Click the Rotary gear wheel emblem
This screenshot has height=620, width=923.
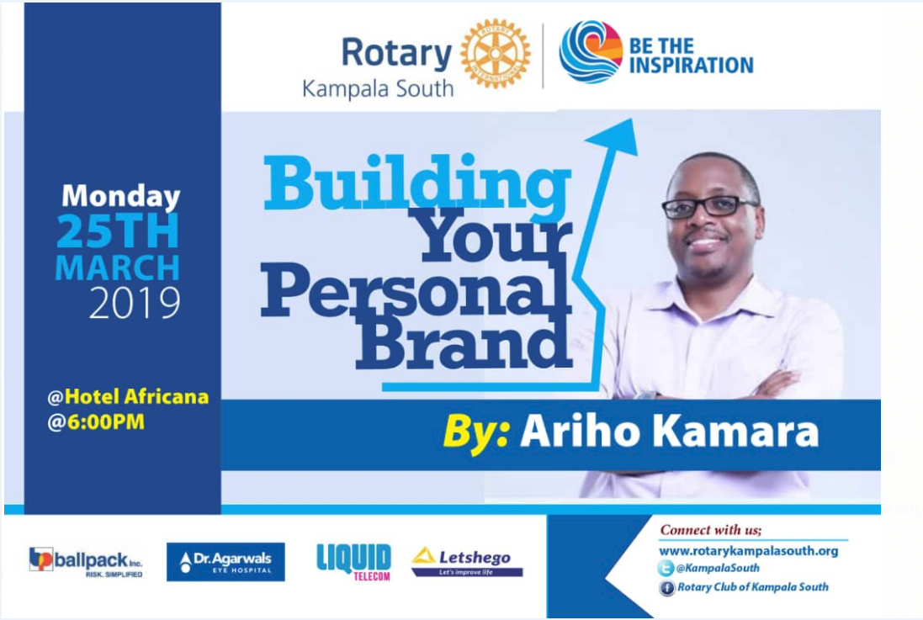click(496, 54)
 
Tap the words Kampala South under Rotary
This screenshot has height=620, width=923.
click(378, 89)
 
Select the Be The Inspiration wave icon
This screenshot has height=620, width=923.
click(591, 51)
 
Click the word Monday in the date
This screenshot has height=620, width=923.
click(120, 196)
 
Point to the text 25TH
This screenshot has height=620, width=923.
click(118, 231)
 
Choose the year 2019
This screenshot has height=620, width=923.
click(135, 303)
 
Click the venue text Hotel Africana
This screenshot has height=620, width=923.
click(136, 396)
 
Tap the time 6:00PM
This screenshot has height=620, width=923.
click(105, 422)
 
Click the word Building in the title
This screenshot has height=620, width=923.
click(416, 183)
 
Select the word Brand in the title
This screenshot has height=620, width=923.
click(465, 342)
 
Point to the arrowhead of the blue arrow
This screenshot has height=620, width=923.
click(614, 136)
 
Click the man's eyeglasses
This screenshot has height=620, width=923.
click(708, 207)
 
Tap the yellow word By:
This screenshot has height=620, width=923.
click(476, 432)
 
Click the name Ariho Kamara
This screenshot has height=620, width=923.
click(669, 432)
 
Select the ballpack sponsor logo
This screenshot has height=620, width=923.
click(86, 562)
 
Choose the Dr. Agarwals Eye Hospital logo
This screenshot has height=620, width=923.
click(225, 562)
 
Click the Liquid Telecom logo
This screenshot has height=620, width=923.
click(353, 562)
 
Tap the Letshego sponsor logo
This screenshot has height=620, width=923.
click(467, 562)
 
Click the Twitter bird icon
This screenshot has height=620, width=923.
click(666, 568)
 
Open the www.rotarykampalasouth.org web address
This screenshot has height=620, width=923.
click(748, 551)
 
